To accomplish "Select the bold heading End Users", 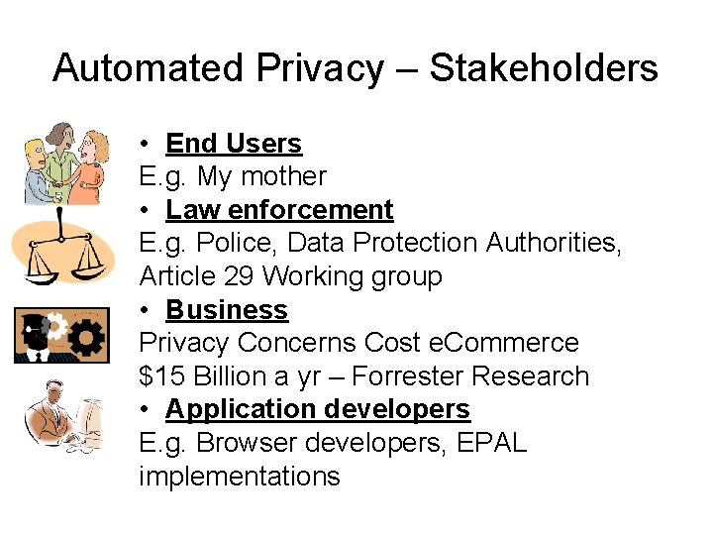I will (234, 144).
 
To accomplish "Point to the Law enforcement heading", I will (279, 210).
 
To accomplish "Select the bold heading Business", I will (227, 310).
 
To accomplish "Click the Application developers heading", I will (317, 409).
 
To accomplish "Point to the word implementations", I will (239, 477).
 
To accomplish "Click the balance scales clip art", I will (61, 253).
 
